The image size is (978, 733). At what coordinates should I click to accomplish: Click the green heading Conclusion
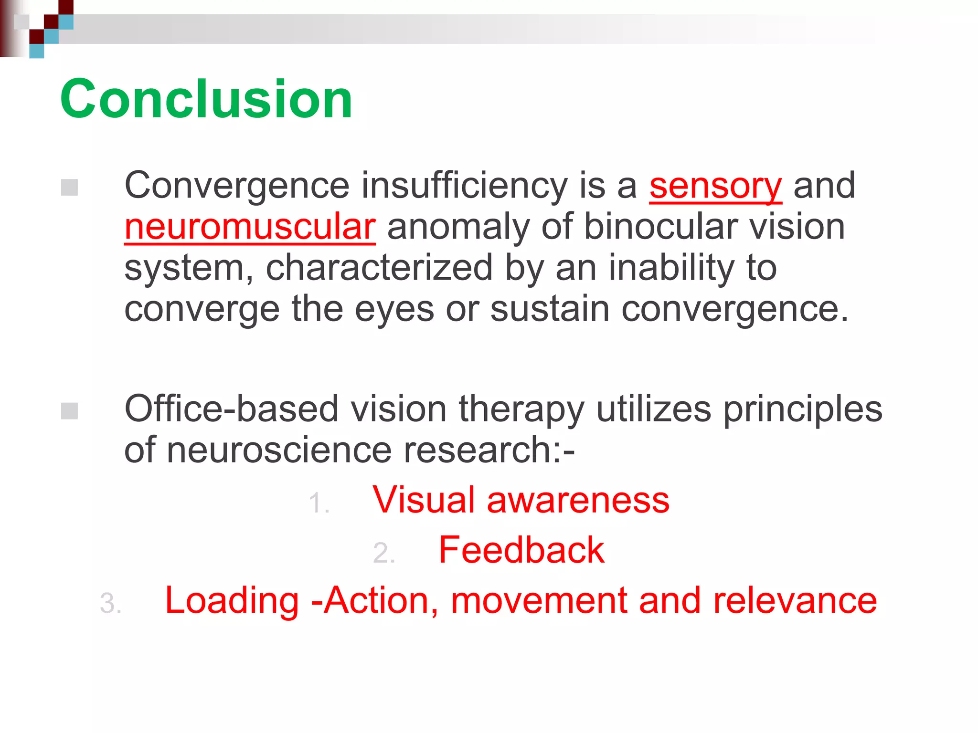point(206,99)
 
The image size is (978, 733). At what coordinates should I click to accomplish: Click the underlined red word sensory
point(715,186)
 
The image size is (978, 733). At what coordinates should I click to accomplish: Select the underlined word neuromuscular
point(250,227)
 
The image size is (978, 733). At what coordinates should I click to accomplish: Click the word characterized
point(379,268)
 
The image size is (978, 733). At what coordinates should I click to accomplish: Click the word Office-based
point(232,409)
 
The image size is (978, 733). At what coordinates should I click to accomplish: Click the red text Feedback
point(521,550)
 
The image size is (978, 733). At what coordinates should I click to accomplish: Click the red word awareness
point(578,500)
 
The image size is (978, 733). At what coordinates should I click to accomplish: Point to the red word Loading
point(232,600)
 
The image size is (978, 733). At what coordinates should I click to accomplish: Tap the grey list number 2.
point(383,554)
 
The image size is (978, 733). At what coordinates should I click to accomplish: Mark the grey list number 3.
point(110,604)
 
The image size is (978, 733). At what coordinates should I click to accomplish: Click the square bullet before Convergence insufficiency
point(70,188)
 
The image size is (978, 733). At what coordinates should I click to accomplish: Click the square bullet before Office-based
point(70,411)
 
